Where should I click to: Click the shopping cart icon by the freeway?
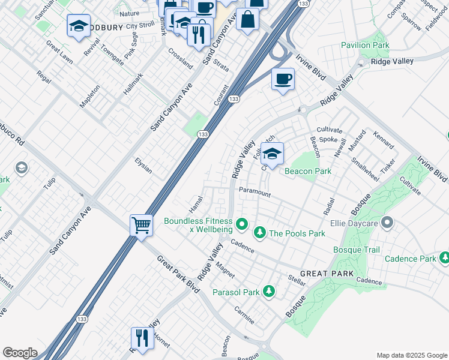(141, 226)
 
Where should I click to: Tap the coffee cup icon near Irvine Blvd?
(283, 79)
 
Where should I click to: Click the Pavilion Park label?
(365, 45)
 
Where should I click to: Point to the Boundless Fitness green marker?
(242, 224)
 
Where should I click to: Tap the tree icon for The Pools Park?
(260, 232)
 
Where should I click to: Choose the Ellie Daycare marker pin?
(387, 224)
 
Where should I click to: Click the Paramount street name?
(255, 193)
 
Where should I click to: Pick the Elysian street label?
(143, 165)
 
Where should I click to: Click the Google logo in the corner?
(20, 353)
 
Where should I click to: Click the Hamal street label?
(196, 203)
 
